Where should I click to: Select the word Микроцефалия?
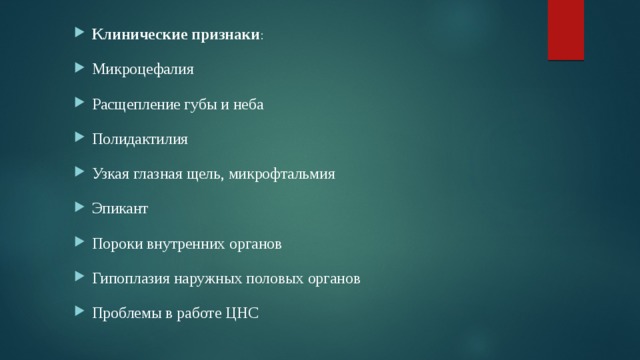143,70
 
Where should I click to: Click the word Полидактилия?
140,139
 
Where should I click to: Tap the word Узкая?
112,174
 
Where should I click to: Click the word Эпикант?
120,209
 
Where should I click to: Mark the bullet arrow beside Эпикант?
79,209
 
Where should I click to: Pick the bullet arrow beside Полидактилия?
79,139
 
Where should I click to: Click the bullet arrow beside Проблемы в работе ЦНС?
79,314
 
